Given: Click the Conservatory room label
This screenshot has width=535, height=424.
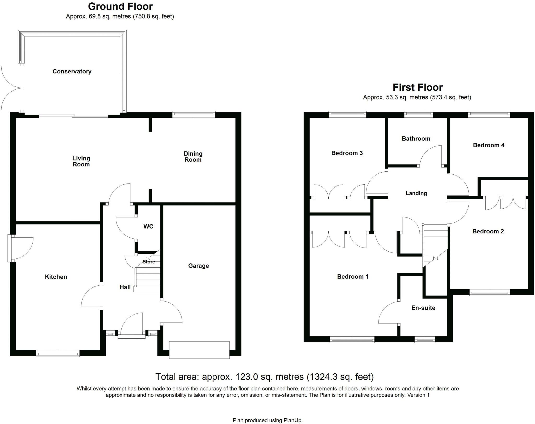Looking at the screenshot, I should (72, 72).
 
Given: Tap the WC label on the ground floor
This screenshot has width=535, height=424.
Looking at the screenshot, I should (148, 226).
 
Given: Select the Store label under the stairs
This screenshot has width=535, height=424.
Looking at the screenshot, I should (149, 262).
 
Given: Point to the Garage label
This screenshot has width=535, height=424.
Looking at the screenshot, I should (198, 266).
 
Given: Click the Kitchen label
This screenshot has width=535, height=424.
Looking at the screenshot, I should (56, 277).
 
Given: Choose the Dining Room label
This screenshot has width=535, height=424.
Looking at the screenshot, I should (193, 157).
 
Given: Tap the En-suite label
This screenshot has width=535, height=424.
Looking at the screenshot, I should (423, 308).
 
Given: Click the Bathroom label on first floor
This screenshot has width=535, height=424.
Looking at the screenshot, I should (416, 139).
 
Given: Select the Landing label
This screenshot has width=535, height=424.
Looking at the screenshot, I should (416, 193).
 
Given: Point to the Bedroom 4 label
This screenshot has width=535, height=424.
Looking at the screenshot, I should (489, 145).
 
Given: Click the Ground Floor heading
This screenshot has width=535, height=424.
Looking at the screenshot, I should (120, 6).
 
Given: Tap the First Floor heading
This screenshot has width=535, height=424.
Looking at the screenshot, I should (417, 87).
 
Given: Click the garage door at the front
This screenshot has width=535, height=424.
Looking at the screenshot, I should (199, 350).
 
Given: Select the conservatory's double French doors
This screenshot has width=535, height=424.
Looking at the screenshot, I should (12, 88).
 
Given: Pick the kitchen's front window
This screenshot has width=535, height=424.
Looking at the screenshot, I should (58, 354).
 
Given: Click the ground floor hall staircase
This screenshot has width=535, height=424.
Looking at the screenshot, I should (148, 279).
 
